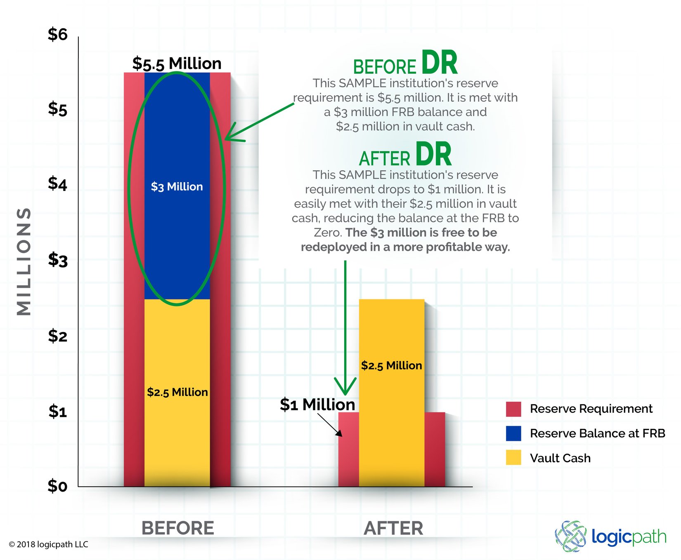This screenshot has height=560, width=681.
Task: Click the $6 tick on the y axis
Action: pos(57,34)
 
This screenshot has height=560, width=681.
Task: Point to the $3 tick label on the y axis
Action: pos(57,260)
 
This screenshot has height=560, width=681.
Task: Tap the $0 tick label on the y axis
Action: pos(57,486)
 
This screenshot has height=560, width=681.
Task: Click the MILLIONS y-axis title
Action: pos(24,261)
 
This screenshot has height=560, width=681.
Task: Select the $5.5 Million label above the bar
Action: pos(177,64)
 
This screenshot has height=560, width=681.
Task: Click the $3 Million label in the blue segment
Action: pos(177,187)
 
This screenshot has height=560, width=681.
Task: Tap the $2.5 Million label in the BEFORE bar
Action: pos(177,392)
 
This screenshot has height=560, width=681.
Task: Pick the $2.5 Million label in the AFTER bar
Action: pos(391,366)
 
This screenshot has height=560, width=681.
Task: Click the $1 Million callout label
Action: pos(317,405)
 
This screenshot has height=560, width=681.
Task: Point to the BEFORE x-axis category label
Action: pos(177,528)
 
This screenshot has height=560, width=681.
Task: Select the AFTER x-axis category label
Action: pos(393,528)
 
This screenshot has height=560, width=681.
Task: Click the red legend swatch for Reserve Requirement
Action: pos(513,409)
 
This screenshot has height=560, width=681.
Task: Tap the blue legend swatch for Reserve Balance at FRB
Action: pos(513,433)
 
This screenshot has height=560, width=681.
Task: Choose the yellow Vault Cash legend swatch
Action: pos(513,458)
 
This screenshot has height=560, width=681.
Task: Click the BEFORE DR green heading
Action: pos(405,64)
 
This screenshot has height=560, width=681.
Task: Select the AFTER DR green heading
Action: pos(405,155)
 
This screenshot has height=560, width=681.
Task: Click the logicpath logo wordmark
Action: pos(628,537)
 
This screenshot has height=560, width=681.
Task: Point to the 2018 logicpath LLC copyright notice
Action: pos(48,544)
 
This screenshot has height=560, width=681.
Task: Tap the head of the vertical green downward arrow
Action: pos(345,388)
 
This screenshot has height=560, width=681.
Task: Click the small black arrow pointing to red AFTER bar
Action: pos(331,425)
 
